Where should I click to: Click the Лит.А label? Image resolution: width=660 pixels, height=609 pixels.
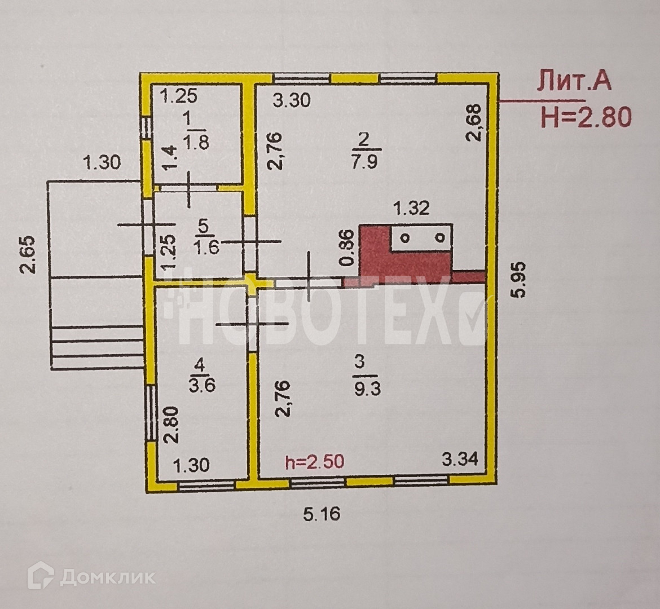[574, 82]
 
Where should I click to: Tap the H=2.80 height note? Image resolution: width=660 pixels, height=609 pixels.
[586, 117]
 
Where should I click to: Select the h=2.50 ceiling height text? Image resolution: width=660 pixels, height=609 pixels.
[315, 462]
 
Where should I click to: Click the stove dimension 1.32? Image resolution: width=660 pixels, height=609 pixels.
[411, 208]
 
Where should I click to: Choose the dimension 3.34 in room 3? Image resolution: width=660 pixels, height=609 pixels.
[460, 458]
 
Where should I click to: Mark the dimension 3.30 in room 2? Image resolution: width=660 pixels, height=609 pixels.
[291, 100]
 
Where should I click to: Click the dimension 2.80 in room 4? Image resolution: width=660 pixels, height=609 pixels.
[171, 425]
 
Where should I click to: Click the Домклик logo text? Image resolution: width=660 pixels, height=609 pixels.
[108, 577]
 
